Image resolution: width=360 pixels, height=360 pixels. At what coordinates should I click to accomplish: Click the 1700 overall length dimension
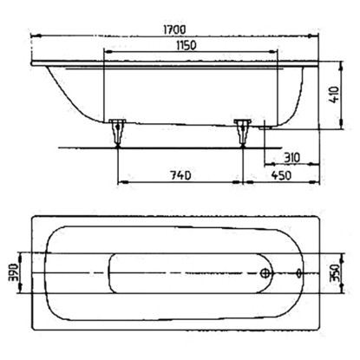(x=173, y=29)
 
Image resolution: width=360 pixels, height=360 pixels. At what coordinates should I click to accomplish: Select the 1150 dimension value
(x=186, y=45)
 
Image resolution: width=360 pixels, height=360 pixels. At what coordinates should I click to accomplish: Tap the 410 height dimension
(x=335, y=95)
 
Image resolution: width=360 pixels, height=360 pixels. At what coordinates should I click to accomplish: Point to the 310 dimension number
(x=291, y=158)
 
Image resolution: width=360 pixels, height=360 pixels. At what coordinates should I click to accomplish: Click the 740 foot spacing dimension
(x=180, y=175)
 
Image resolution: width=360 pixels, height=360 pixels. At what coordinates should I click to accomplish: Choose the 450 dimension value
(x=281, y=175)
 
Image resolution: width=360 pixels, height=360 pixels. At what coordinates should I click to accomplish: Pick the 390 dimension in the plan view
(x=14, y=272)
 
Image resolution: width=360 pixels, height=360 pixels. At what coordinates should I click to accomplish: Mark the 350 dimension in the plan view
(x=335, y=272)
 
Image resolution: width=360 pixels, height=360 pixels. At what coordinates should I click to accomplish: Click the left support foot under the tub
(x=117, y=132)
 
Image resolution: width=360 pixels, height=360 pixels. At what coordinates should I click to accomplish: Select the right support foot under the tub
(x=243, y=132)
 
